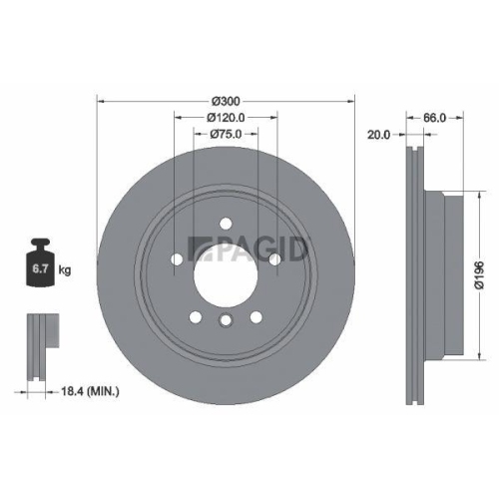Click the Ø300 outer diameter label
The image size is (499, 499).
point(226,101)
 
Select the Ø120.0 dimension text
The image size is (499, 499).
point(226,118)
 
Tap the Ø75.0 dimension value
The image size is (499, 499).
point(226,135)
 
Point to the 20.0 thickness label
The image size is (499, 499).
point(378,135)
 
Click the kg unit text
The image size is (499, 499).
point(66,269)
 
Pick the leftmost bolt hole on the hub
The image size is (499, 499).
point(178,259)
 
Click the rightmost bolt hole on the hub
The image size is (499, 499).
point(273,259)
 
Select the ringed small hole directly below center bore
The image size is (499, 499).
point(226,319)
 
